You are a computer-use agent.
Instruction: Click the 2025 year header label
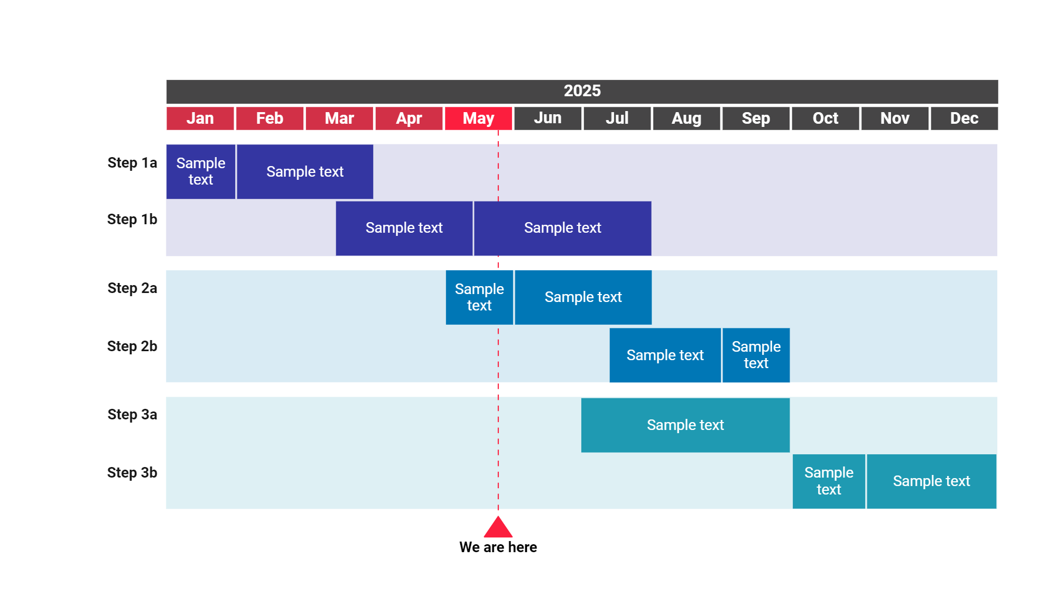pyautogui.click(x=582, y=91)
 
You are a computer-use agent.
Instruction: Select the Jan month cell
pyautogui.click(x=200, y=118)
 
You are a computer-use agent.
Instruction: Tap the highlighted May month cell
pyautogui.click(x=478, y=118)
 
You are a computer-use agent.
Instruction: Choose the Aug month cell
pyautogui.click(x=687, y=118)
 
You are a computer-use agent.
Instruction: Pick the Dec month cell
pyautogui.click(x=964, y=118)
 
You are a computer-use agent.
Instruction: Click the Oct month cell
pyautogui.click(x=825, y=118)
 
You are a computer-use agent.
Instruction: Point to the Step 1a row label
pyautogui.click(x=132, y=163)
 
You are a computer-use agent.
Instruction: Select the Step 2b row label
pyautogui.click(x=132, y=346)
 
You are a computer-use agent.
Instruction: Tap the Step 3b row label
pyautogui.click(x=132, y=473)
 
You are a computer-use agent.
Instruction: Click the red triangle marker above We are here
pyautogui.click(x=498, y=528)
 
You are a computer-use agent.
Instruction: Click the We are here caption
pyautogui.click(x=498, y=547)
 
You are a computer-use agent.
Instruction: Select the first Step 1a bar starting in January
pyautogui.click(x=201, y=171)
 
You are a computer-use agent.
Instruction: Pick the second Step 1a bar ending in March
pyautogui.click(x=305, y=171)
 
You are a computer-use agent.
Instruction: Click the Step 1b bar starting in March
pyautogui.click(x=404, y=228)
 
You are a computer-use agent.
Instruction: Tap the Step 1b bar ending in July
pyautogui.click(x=562, y=228)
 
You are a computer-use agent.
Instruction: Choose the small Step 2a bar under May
pyautogui.click(x=479, y=297)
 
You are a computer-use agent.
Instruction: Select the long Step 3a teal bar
pyautogui.click(x=685, y=425)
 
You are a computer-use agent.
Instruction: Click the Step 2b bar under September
pyautogui.click(x=756, y=355)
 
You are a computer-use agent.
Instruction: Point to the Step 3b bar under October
pyautogui.click(x=829, y=481)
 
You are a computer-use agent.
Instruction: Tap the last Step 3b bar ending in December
pyautogui.click(x=931, y=481)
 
